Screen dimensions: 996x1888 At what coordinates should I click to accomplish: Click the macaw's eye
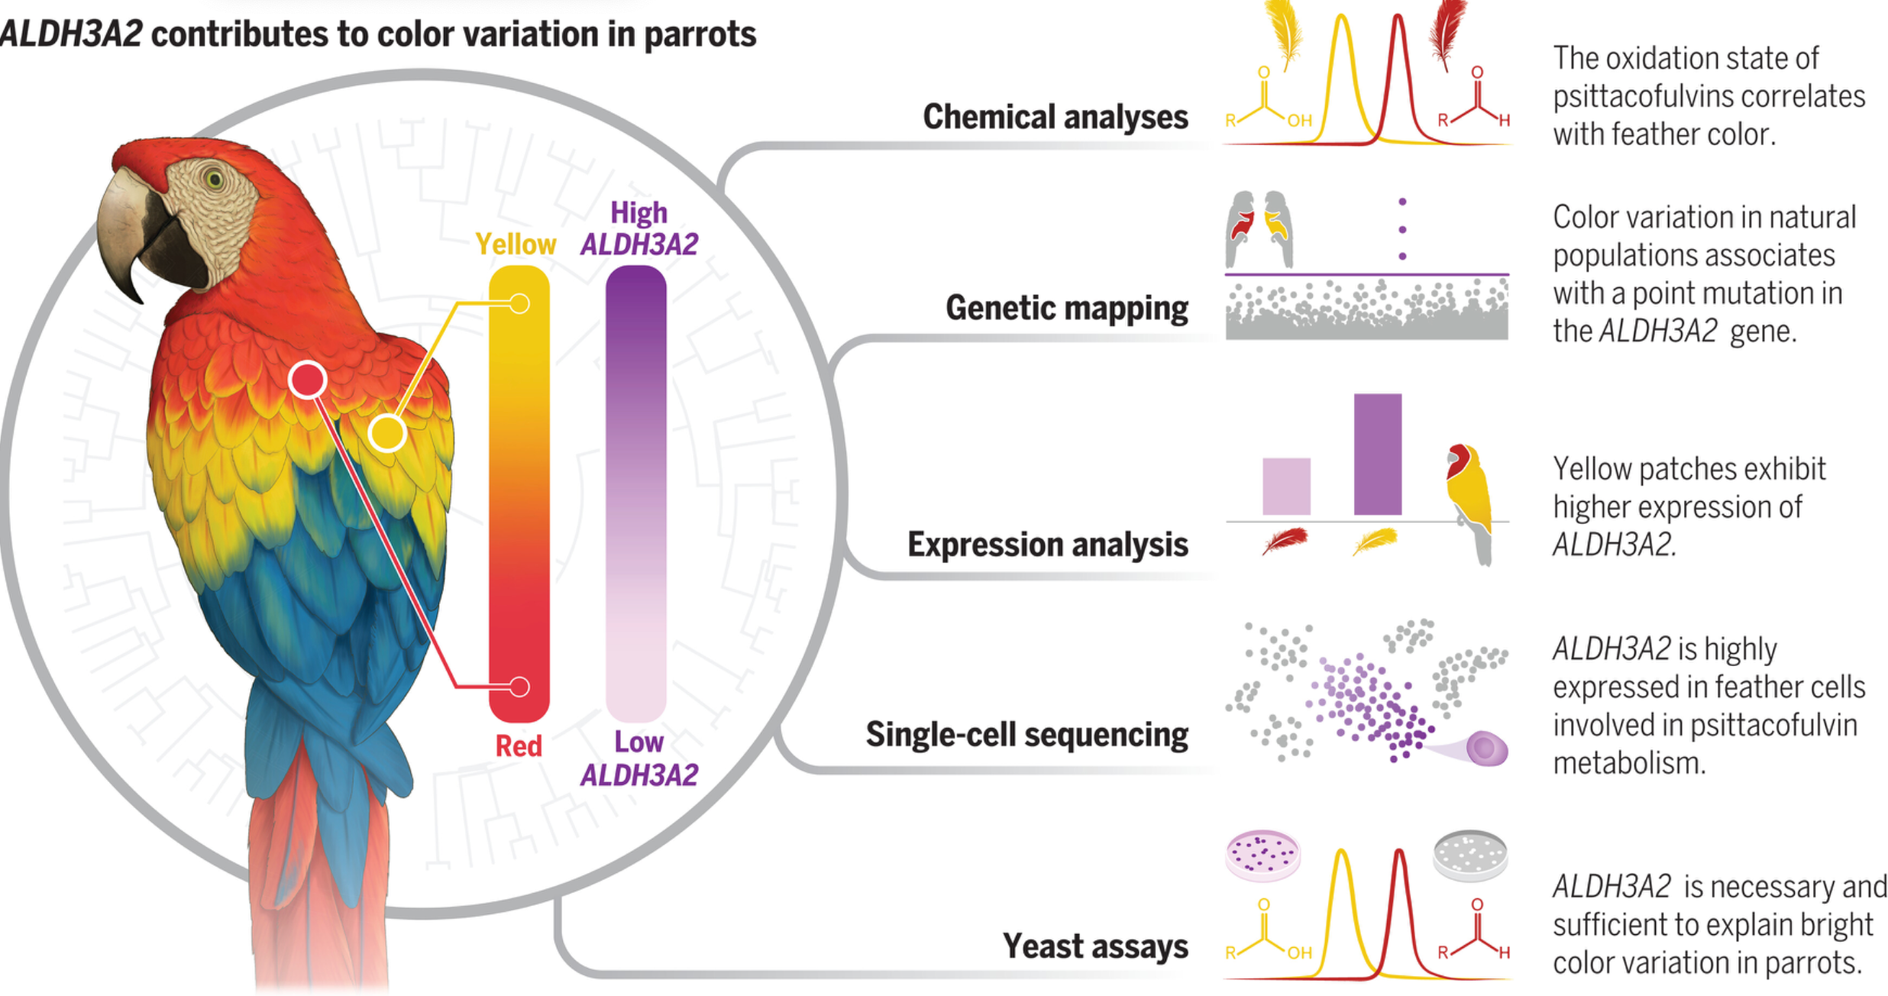click(x=214, y=180)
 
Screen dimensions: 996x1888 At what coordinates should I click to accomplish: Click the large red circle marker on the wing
click(x=308, y=380)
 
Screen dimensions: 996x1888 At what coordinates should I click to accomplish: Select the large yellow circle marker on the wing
click(x=387, y=433)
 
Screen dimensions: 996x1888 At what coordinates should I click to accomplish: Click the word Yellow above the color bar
click(x=516, y=244)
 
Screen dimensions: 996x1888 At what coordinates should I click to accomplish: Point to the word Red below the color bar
click(x=519, y=745)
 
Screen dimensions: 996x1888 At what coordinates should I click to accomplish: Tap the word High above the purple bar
click(x=638, y=212)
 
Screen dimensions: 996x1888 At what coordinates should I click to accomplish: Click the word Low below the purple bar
click(x=638, y=742)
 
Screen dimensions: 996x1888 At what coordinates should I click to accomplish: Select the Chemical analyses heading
click(x=1055, y=117)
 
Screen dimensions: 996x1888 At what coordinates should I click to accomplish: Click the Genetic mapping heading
click(x=1066, y=308)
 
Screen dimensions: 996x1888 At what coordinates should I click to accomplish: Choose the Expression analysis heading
click(x=1047, y=545)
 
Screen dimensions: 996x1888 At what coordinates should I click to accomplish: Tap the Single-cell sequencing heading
click(x=1026, y=734)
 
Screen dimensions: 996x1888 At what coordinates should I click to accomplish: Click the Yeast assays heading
click(x=1095, y=946)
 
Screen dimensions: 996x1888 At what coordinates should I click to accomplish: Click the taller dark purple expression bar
click(x=1377, y=454)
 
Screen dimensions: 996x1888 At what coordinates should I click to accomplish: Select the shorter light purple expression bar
click(x=1286, y=487)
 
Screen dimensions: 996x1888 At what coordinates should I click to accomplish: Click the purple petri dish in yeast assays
click(x=1262, y=854)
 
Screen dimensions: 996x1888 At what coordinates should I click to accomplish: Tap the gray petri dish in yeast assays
click(x=1470, y=854)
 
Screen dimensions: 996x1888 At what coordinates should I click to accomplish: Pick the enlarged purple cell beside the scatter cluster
click(x=1486, y=749)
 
